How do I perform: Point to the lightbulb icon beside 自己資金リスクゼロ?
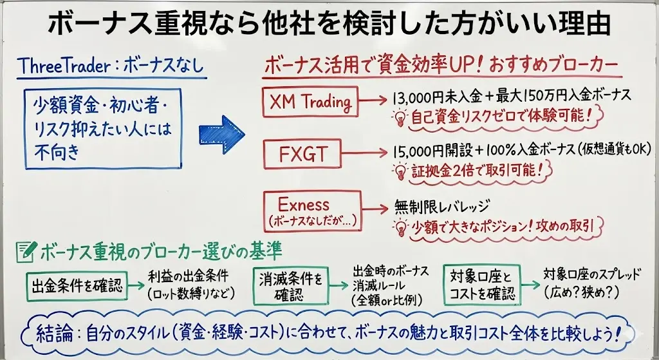[x=400, y=118]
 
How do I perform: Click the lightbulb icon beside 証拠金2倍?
[x=400, y=171]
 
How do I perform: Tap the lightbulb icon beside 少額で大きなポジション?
[x=400, y=226]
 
